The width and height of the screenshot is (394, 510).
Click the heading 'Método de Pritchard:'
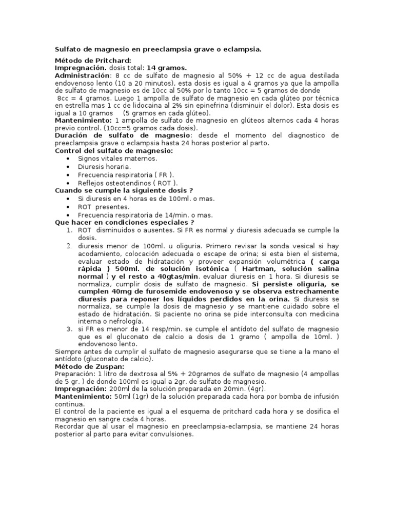(x=86, y=61)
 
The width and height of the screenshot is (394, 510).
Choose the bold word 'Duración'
(x=72, y=135)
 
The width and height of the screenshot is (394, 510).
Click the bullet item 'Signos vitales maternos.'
(x=110, y=159)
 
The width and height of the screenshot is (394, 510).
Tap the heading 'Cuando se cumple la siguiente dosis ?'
(x=124, y=190)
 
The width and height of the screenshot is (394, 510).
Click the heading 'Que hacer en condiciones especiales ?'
(x=125, y=222)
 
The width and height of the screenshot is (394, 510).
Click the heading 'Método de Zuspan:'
(x=82, y=367)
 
